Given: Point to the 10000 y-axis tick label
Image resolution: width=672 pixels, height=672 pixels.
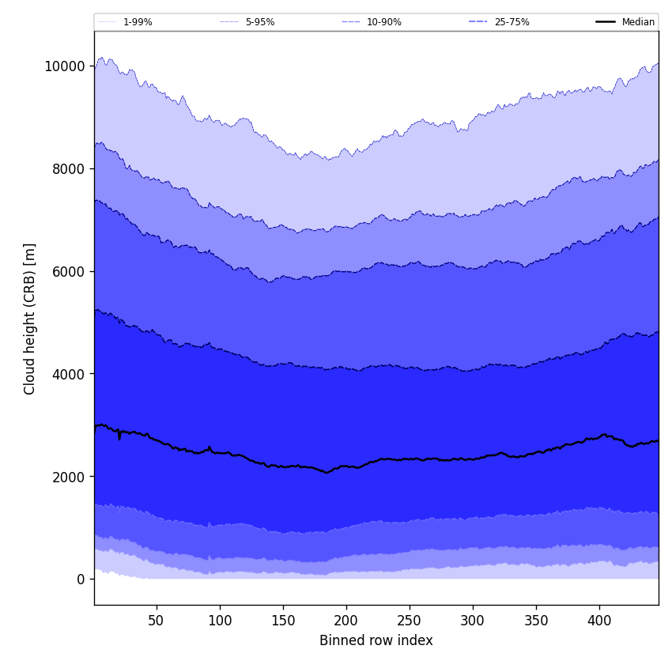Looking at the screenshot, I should [65, 66].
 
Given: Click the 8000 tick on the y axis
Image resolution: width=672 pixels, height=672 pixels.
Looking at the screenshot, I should [68, 169].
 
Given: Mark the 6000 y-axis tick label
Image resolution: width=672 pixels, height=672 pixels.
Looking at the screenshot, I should [68, 271].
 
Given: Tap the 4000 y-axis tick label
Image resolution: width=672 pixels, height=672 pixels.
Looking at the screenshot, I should [68, 374].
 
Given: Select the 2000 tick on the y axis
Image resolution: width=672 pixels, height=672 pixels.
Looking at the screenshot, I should [68, 477].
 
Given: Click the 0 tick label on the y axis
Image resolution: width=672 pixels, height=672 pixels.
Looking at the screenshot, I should [81, 580].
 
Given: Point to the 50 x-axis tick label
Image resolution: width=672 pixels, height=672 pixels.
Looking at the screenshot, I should [157, 621].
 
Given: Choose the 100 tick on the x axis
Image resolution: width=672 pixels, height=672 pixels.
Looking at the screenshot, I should [220, 621].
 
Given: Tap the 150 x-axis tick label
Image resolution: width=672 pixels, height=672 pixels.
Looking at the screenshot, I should [283, 621].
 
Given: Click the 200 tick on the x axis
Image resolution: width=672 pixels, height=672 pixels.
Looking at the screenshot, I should [346, 621].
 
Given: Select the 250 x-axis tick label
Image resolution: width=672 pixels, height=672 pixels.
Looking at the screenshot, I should [410, 621].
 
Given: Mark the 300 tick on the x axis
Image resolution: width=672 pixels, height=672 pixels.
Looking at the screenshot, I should [473, 621].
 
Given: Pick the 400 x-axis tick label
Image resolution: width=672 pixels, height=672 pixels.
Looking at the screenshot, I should [599, 621].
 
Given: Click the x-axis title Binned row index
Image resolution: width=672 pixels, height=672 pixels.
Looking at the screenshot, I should [376, 641].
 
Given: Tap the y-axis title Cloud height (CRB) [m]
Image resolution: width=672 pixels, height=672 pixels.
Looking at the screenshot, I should [30, 319].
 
